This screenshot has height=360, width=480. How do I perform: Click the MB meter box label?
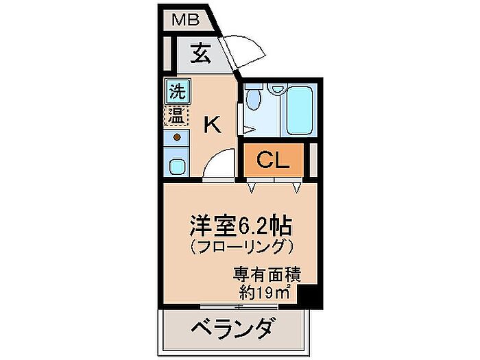[x=186, y=20]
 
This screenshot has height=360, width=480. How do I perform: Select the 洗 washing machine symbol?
[x=178, y=91]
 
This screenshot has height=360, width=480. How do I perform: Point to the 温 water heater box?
[x=177, y=116]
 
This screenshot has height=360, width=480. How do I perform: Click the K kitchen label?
[x=213, y=124]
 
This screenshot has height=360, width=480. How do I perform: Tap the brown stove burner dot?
[x=177, y=137]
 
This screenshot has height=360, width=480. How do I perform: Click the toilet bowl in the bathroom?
[x=254, y=97]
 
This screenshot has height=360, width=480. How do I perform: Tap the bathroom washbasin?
[x=278, y=88]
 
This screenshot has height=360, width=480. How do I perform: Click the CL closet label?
[x=273, y=160]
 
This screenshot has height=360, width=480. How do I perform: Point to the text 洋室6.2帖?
[x=241, y=226]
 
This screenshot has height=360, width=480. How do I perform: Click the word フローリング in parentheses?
[x=241, y=247]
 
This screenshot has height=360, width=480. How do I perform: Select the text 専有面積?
[x=267, y=274]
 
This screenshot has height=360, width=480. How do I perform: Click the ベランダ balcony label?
[x=232, y=328]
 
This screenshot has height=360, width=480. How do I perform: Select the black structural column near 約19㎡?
[x=309, y=296]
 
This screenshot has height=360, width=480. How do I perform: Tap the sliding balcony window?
[x=239, y=307]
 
